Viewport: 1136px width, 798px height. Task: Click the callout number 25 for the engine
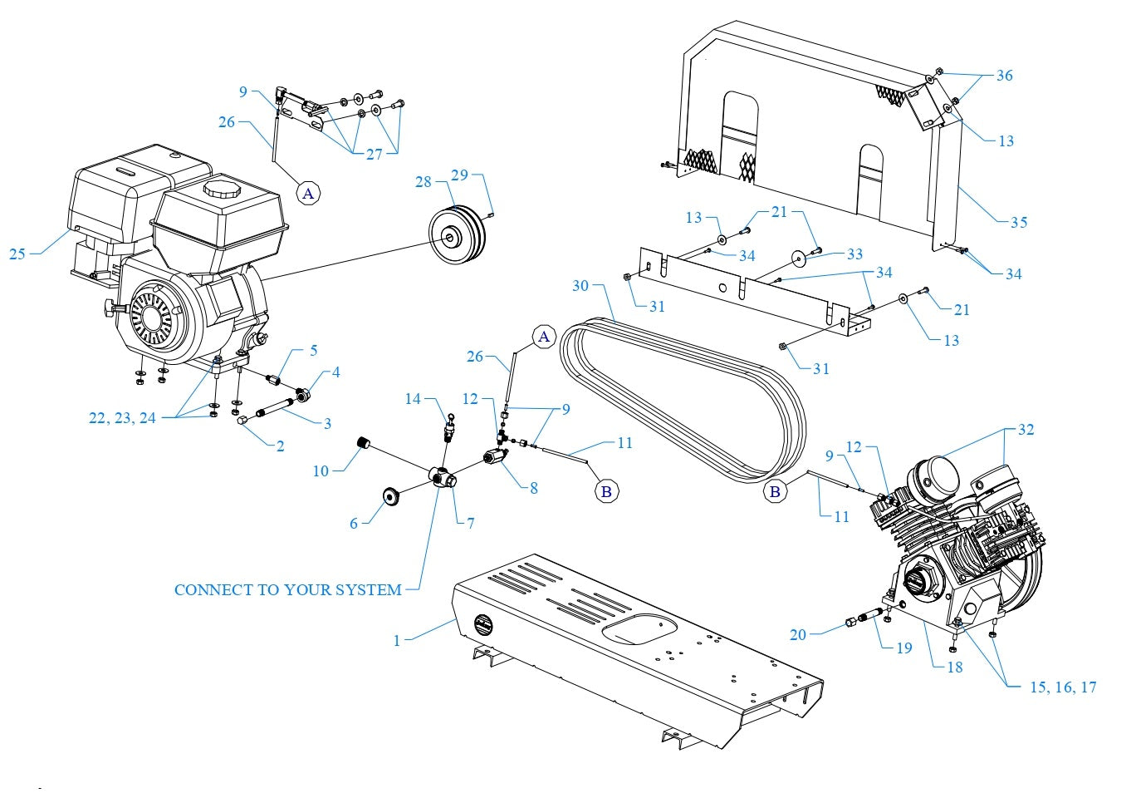coord(17,254)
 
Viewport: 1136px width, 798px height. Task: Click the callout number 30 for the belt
coord(580,286)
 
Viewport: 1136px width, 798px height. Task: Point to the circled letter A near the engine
coord(308,194)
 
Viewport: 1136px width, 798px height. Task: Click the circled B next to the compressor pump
coord(775,491)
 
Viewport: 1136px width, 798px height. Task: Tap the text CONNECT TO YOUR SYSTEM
coord(288,590)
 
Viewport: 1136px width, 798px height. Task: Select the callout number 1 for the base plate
coord(397,640)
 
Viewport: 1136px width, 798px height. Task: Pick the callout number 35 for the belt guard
coord(1018,222)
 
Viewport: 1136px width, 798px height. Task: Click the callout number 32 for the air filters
coord(1026,430)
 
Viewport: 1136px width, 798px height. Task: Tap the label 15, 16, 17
coord(1063,687)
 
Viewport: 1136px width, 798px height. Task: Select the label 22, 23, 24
coord(122,418)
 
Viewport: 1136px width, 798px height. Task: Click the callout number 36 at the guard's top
coord(1004,76)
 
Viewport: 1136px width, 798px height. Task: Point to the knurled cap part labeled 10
coord(362,442)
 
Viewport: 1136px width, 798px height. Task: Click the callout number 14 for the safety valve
coord(413,400)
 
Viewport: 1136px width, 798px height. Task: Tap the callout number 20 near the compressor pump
coord(797,635)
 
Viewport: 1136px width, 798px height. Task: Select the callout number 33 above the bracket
coord(854,254)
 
